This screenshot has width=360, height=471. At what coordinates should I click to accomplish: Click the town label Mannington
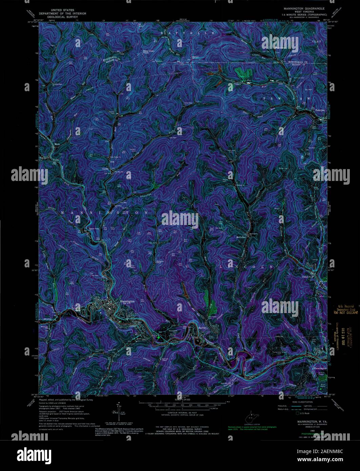[x=127, y=301]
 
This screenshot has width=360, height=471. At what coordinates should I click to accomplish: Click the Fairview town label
[x=320, y=110]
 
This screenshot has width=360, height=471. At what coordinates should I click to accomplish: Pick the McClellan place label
[x=241, y=237]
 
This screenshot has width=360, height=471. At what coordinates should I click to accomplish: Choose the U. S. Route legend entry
[x=304, y=413]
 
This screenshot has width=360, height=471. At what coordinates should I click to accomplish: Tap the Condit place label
[x=105, y=169]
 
